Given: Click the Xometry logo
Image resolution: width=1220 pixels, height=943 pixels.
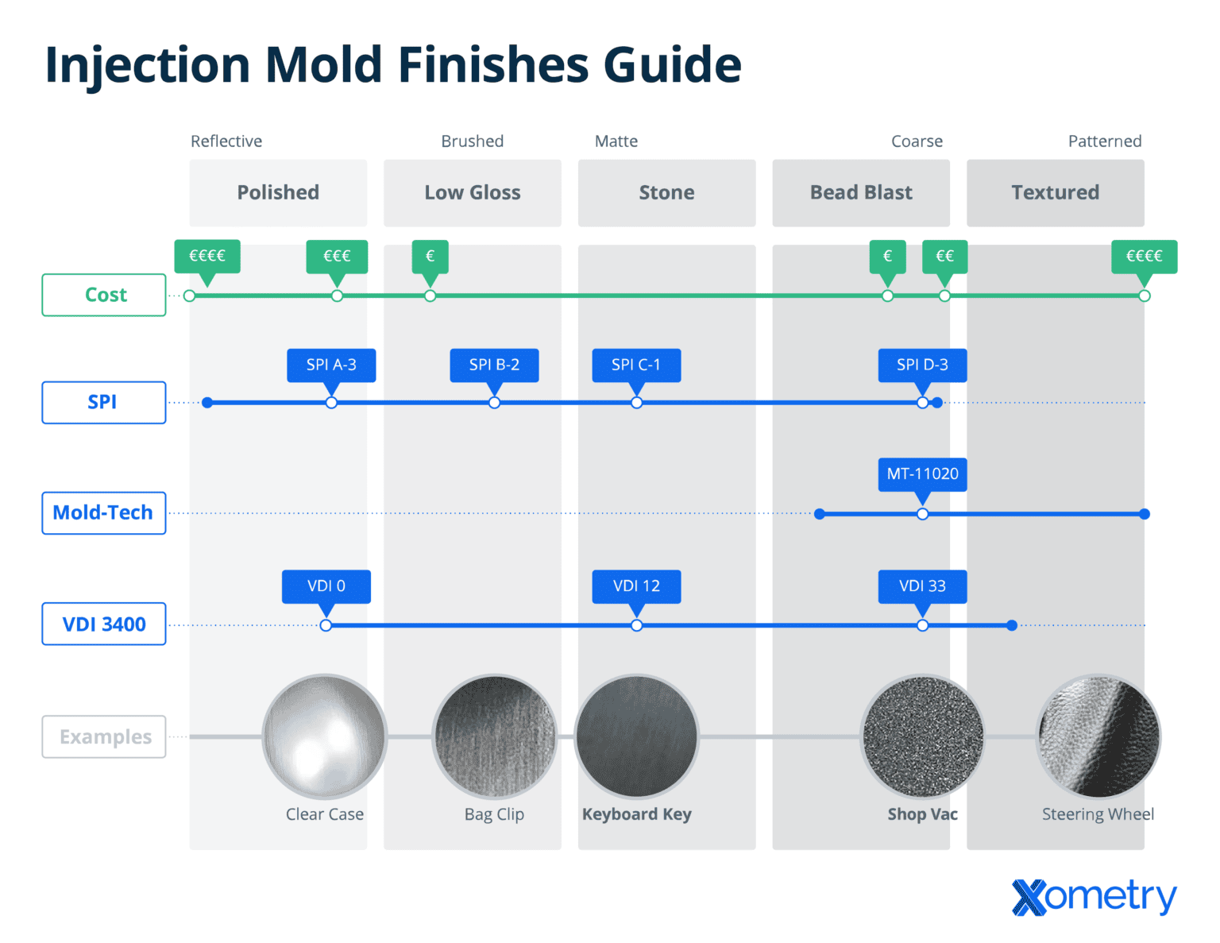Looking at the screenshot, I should [1094, 897].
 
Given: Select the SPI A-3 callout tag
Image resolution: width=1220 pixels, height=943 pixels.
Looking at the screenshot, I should [331, 365].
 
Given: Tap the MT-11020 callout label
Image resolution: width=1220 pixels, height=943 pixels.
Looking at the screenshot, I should [922, 474].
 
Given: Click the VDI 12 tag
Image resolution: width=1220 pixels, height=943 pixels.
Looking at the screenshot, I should [636, 586].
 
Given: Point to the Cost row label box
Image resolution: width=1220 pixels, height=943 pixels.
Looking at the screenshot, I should [104, 295].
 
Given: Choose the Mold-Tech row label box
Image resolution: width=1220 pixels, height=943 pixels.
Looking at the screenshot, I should [104, 513].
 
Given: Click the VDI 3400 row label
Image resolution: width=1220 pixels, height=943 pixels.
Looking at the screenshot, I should [104, 624].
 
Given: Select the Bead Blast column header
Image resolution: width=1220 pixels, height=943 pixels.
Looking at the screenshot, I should [861, 193].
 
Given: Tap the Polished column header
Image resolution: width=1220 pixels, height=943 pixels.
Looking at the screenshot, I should [278, 193].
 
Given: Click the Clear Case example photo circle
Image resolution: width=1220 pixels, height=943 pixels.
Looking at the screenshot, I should [324, 736].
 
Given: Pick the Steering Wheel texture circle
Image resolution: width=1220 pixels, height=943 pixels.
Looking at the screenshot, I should [1098, 736].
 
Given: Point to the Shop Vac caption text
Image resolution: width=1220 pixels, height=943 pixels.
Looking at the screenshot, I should [922, 814].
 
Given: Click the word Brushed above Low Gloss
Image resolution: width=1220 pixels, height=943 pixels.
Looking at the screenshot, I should [473, 141].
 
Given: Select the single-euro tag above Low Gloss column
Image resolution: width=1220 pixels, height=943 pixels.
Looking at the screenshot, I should [430, 256].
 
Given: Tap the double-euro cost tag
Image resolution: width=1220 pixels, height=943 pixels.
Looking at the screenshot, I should [944, 256].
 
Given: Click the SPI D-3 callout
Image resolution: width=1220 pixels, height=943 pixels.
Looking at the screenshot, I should [922, 365].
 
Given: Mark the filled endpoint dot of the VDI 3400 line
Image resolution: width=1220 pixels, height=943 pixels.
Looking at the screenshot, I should [1011, 626].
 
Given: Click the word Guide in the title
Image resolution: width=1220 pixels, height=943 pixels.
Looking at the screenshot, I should [672, 64].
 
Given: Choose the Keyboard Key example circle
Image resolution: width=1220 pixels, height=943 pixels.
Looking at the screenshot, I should [636, 736].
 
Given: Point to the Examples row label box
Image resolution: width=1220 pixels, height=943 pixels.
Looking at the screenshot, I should [104, 737].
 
